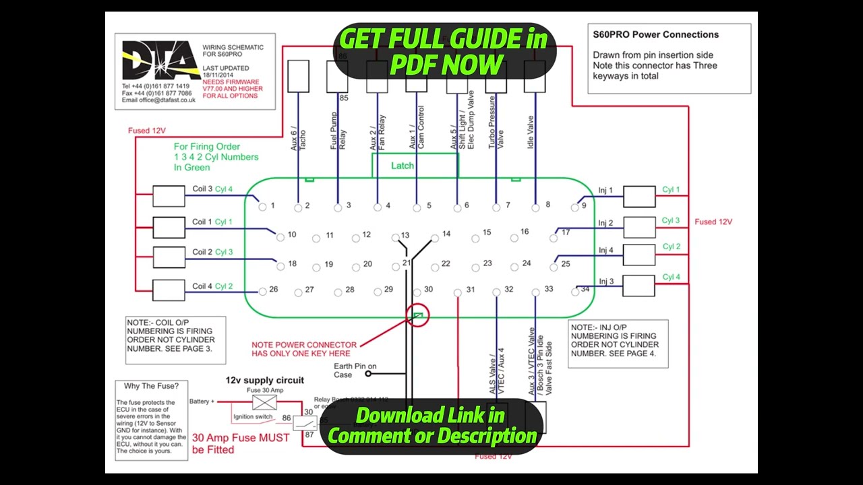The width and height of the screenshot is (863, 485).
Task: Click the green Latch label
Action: [x=403, y=166]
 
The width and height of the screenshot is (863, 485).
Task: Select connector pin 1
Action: [x=263, y=207]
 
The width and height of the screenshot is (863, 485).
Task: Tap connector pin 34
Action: [x=576, y=292]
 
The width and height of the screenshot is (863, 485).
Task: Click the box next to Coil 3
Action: [x=169, y=196]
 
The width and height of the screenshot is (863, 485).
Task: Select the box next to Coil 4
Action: [x=169, y=290]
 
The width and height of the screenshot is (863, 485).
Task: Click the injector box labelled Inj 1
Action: [x=639, y=197]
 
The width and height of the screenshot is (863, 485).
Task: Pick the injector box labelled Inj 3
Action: [x=639, y=286]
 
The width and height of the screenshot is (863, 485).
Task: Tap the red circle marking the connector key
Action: [x=417, y=315]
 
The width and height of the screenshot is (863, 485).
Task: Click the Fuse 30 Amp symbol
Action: [x=264, y=403]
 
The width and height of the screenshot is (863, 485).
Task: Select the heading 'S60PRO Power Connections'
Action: [x=655, y=34]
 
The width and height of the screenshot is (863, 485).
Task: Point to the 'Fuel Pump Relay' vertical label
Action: [x=338, y=131]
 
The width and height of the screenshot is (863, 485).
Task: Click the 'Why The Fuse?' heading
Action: [x=152, y=386]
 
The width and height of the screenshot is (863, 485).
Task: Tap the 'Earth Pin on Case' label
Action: [x=355, y=370]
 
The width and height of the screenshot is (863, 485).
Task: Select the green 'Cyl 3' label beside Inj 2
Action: [x=671, y=220]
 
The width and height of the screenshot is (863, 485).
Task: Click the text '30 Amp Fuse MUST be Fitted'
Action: [x=241, y=443]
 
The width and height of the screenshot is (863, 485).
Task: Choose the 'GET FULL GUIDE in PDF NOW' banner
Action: [x=443, y=51]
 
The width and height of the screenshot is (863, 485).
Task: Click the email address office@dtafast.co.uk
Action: [x=158, y=100]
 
